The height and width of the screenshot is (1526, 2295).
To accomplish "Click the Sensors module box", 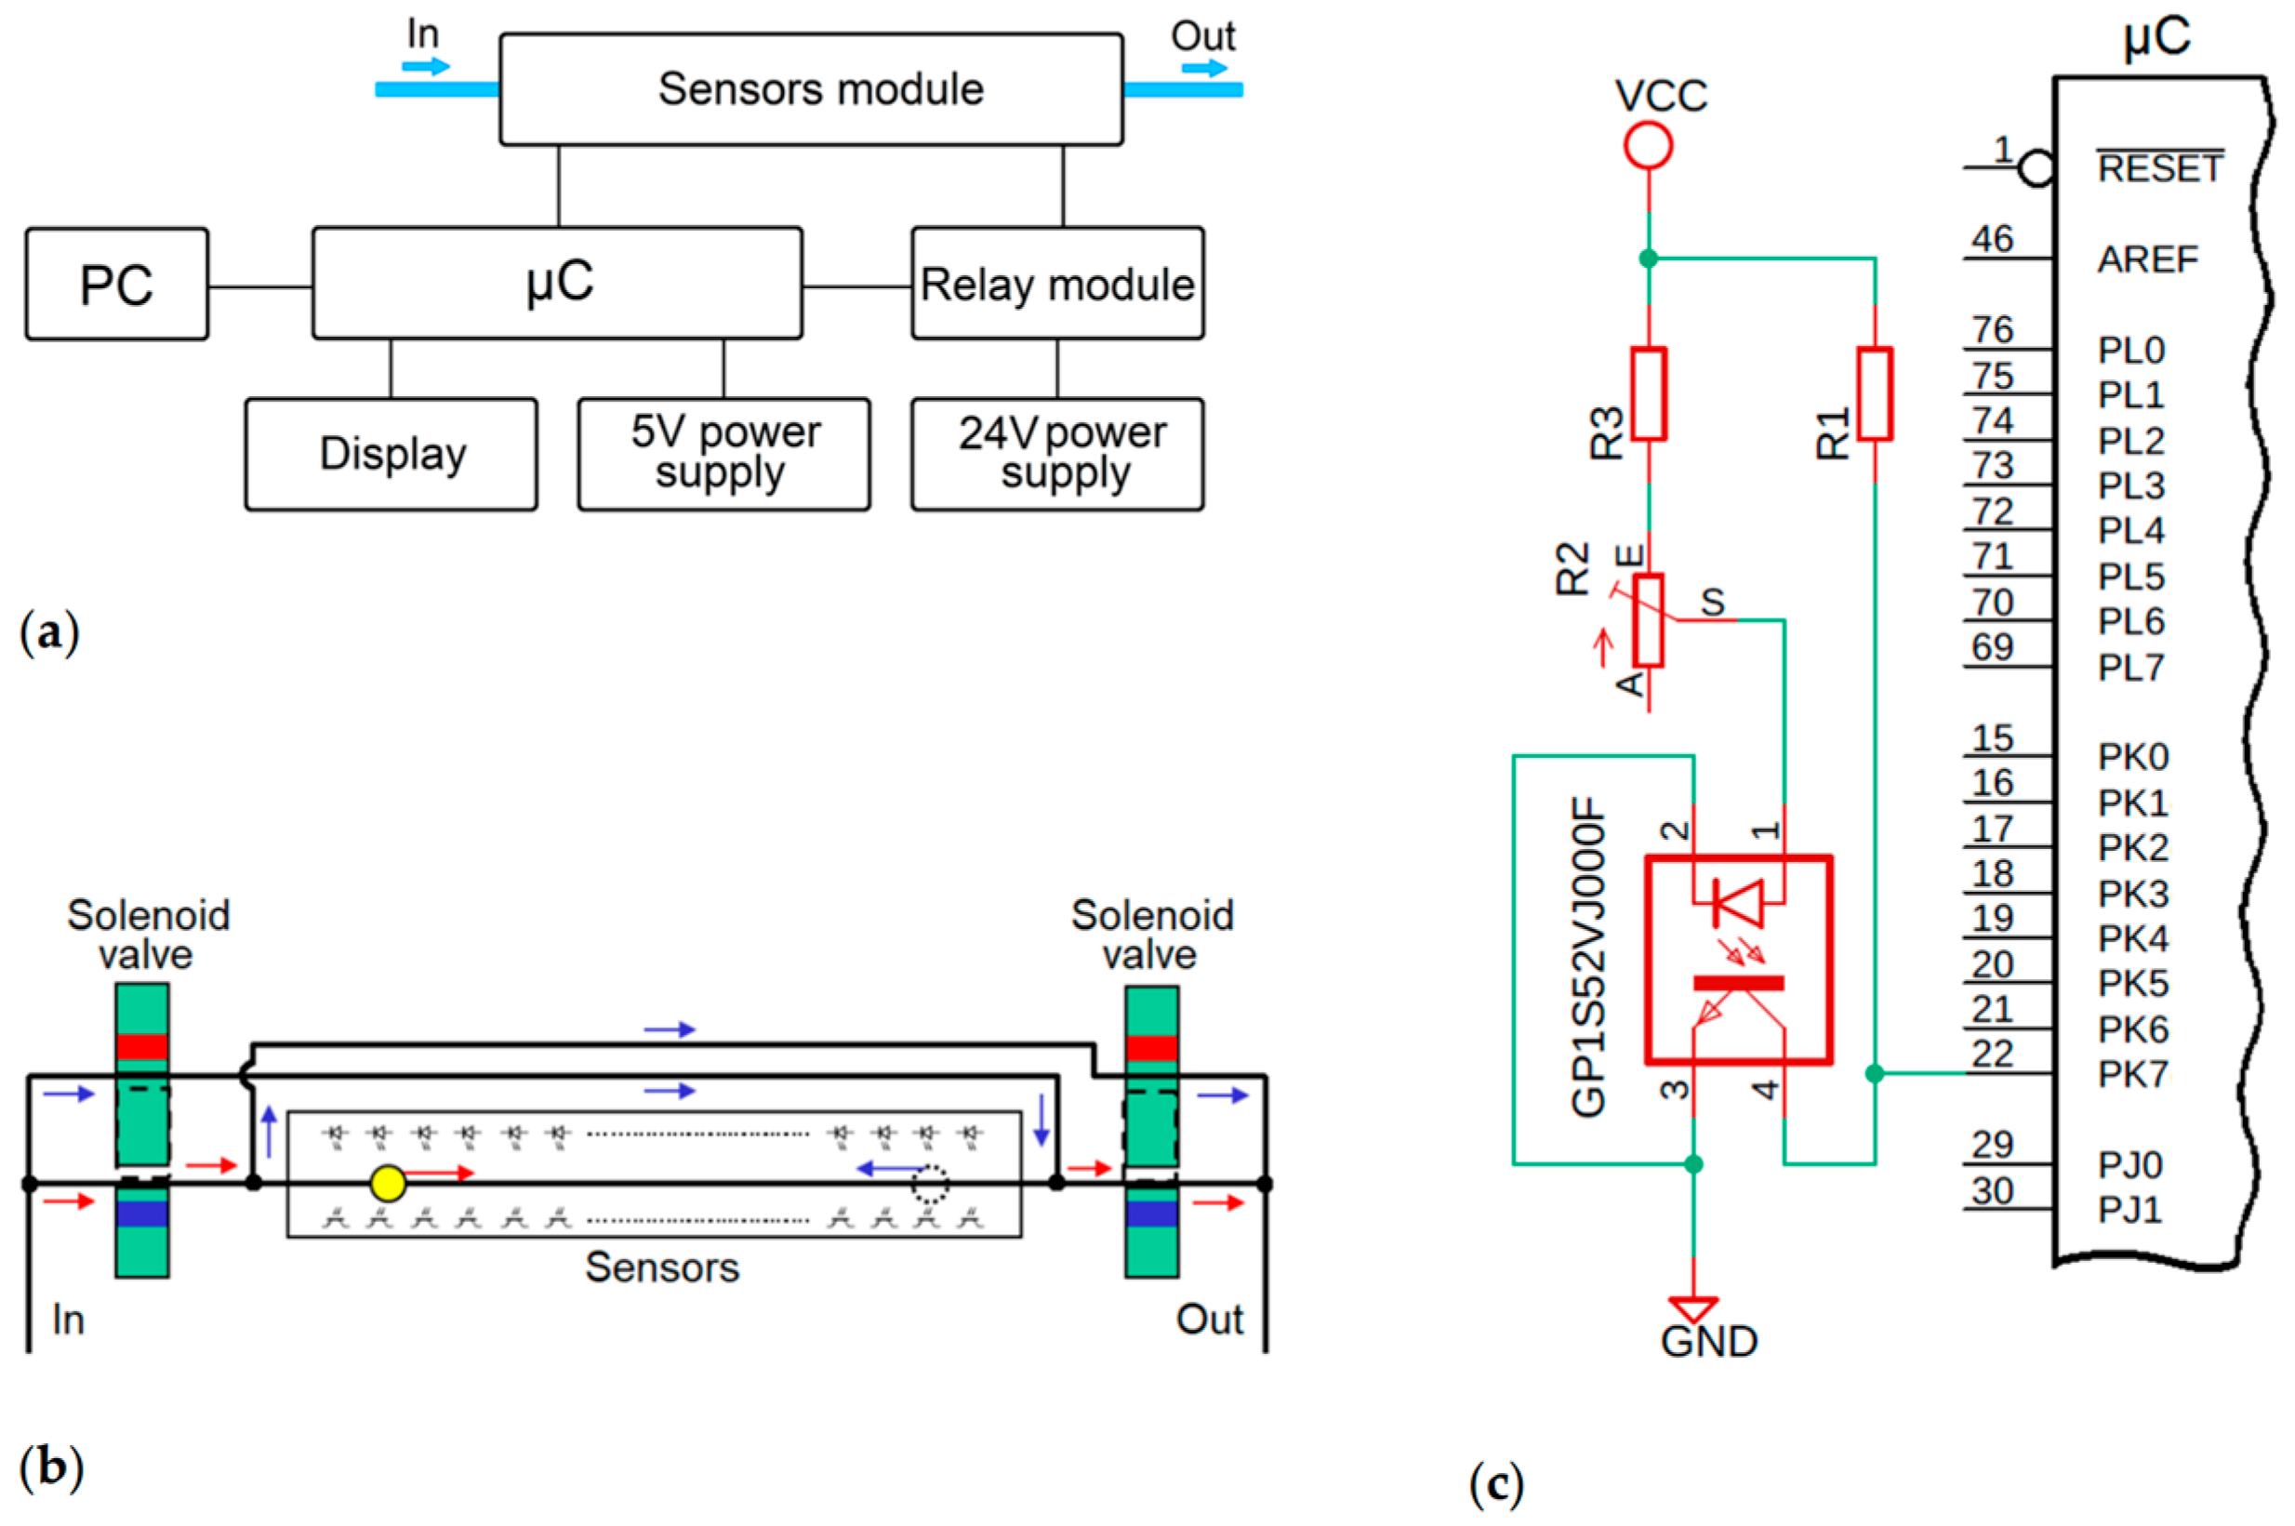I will click(x=811, y=89).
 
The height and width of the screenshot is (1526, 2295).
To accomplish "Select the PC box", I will click(x=117, y=285).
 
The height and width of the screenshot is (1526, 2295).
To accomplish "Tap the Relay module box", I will click(x=1057, y=285).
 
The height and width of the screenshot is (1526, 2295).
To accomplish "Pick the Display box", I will click(x=391, y=454).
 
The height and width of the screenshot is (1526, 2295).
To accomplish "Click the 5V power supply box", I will click(x=723, y=454).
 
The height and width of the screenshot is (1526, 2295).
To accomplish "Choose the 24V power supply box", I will click(x=1057, y=454).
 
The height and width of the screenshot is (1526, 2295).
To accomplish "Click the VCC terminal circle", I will click(x=1648, y=147).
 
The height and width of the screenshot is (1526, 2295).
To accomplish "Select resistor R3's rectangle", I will click(x=1648, y=393).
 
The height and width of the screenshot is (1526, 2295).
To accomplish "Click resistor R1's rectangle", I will click(x=1875, y=393).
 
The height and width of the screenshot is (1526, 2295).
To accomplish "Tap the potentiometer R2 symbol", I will click(x=1648, y=620).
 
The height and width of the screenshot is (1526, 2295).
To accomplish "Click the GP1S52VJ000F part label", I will click(x=1587, y=958).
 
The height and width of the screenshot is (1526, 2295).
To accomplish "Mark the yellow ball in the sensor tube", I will click(x=388, y=1184).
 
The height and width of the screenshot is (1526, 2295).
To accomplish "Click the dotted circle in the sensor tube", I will click(x=930, y=1185).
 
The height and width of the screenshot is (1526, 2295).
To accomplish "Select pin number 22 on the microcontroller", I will click(x=1992, y=1054).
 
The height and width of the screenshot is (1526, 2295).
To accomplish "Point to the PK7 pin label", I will click(x=2132, y=1074).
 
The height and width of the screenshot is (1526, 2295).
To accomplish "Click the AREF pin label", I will click(x=2147, y=259).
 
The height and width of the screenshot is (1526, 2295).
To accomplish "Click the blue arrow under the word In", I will click(x=426, y=67).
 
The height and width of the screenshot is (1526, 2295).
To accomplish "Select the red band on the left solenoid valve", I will click(x=142, y=1046).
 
